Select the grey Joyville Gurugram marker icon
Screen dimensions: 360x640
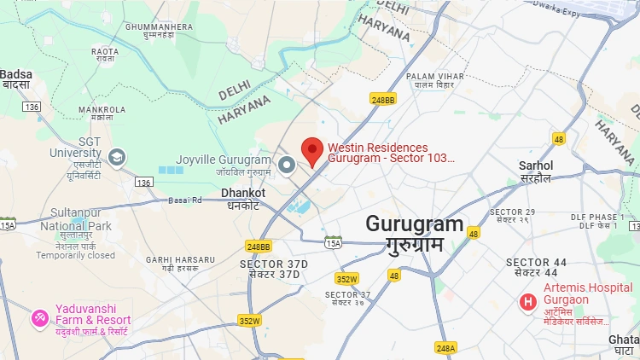click(288, 165)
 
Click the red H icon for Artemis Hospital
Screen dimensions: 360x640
click(528, 301)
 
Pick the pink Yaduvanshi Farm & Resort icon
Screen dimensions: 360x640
click(39, 318)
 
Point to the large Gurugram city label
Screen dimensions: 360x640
click(415, 225)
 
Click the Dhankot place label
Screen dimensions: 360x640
click(243, 194)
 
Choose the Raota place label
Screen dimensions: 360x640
click(105, 51)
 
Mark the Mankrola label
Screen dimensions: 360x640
click(102, 110)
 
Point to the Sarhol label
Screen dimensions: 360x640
click(537, 165)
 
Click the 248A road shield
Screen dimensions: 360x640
click(445, 347)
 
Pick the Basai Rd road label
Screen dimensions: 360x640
click(184, 200)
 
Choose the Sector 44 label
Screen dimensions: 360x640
click(536, 262)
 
